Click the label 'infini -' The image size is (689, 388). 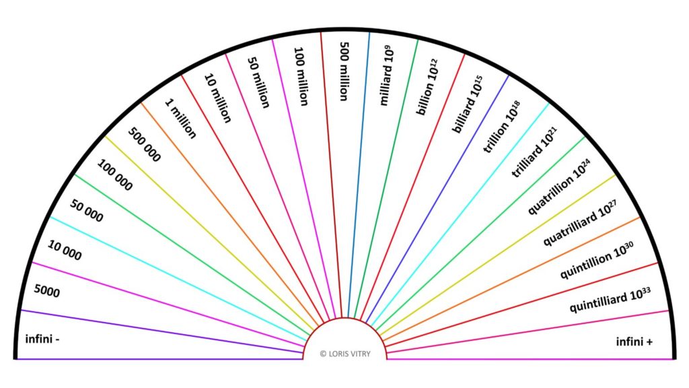[x=42, y=339]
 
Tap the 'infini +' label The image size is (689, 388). [x=634, y=342]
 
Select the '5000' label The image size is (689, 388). [x=47, y=291]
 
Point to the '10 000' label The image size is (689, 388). [x=65, y=251]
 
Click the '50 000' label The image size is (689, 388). [x=87, y=211]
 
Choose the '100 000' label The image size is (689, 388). [x=114, y=175]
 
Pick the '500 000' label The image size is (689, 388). [x=144, y=145]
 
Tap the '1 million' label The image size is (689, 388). [x=180, y=119]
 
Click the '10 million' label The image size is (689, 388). [x=217, y=98]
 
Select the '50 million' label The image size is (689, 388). [x=258, y=83]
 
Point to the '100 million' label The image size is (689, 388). [x=301, y=77]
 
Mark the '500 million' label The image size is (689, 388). [x=344, y=71]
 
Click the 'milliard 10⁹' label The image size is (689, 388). [x=386, y=75]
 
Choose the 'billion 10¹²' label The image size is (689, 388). [x=427, y=87]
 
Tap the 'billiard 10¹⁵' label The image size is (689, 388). [x=468, y=104]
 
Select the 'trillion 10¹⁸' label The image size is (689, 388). [x=502, y=127]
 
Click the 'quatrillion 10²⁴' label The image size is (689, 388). [x=559, y=187]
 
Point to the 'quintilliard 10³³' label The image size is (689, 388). [x=610, y=300]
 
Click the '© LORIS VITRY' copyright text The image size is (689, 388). [x=345, y=354]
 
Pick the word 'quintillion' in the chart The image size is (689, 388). [x=586, y=265]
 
